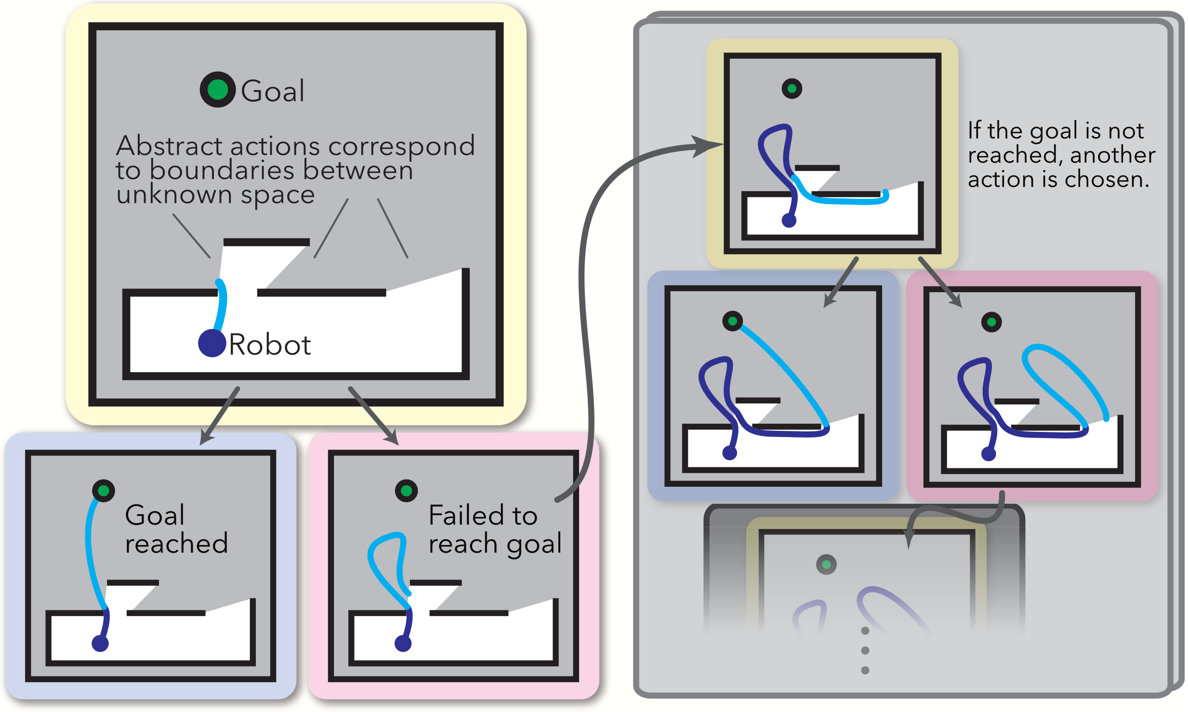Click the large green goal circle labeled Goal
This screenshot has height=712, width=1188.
coord(218,90)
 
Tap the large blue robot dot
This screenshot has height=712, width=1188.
coord(212,343)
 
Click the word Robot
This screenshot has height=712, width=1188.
coord(270,345)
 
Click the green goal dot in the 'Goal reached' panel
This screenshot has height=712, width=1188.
coord(103,491)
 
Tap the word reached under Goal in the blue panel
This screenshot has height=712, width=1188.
coord(176,544)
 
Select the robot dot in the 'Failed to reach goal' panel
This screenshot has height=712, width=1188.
coord(403,643)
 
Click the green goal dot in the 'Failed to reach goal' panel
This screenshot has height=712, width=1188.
coord(406,491)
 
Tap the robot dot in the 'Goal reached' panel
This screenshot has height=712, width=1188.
coord(100,643)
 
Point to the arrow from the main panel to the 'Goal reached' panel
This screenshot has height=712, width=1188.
coord(219,415)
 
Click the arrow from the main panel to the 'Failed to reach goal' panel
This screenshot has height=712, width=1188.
coord(374,415)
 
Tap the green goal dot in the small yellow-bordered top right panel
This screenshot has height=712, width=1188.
coord(792,89)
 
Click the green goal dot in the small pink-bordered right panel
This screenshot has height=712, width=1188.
coord(991,322)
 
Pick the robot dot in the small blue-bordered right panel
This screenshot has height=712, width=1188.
coord(730,453)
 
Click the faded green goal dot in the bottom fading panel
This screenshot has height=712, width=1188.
coord(826,564)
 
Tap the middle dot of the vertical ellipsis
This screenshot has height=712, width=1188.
coord(865,650)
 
